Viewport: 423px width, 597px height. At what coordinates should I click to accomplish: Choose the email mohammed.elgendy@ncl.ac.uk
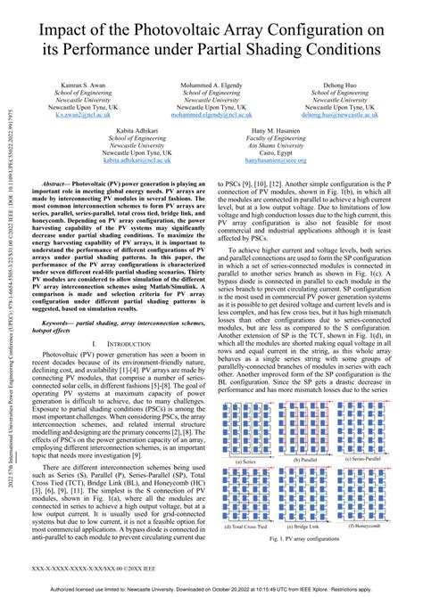(211, 115)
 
